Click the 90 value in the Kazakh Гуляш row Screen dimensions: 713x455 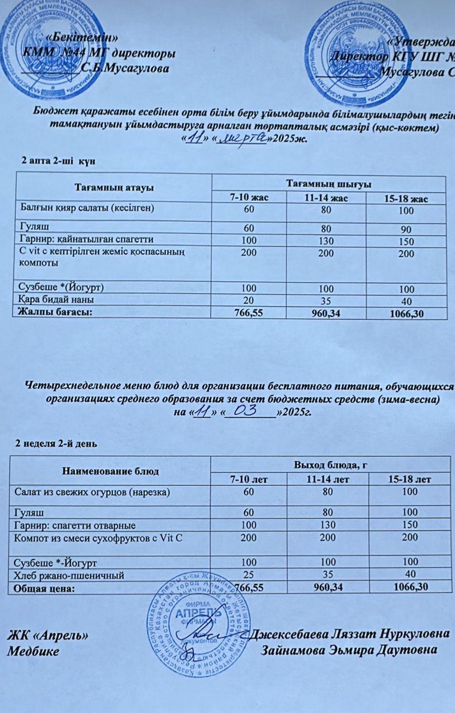[x=405, y=229]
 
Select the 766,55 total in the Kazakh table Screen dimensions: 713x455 [x=249, y=314]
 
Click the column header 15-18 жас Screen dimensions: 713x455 [x=406, y=199]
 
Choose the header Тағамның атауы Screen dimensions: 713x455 [x=114, y=188]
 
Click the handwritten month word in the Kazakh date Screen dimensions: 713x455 [x=242, y=138]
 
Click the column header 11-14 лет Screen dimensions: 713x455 [x=328, y=479]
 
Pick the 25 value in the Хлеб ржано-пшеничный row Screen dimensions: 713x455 [x=249, y=574]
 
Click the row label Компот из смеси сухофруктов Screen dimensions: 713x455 [x=98, y=538]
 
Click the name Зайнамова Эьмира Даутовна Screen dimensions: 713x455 [x=349, y=650]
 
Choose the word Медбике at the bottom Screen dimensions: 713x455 [x=33, y=651]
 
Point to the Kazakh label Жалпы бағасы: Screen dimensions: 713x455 [x=55, y=311]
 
